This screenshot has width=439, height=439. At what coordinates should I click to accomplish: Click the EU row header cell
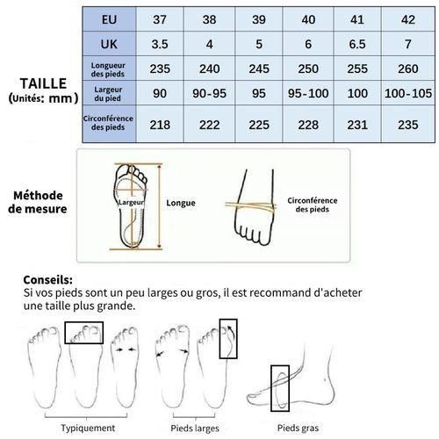pyautogui.click(x=108, y=18)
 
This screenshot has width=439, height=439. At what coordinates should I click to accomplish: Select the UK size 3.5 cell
pyautogui.click(x=159, y=43)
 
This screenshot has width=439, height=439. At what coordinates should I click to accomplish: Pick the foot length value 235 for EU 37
pyautogui.click(x=159, y=68)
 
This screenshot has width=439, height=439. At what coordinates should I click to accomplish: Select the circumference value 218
pyautogui.click(x=159, y=126)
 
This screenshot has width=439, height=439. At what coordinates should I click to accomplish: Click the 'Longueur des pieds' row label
pyautogui.click(x=108, y=68)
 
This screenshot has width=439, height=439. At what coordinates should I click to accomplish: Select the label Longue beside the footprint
pyautogui.click(x=181, y=201)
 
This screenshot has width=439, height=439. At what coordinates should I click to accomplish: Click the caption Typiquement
pyautogui.click(x=87, y=428)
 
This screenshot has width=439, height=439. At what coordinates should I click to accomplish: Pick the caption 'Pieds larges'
pyautogui.click(x=195, y=428)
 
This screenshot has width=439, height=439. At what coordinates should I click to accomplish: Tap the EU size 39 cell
pyautogui.click(x=259, y=18)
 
